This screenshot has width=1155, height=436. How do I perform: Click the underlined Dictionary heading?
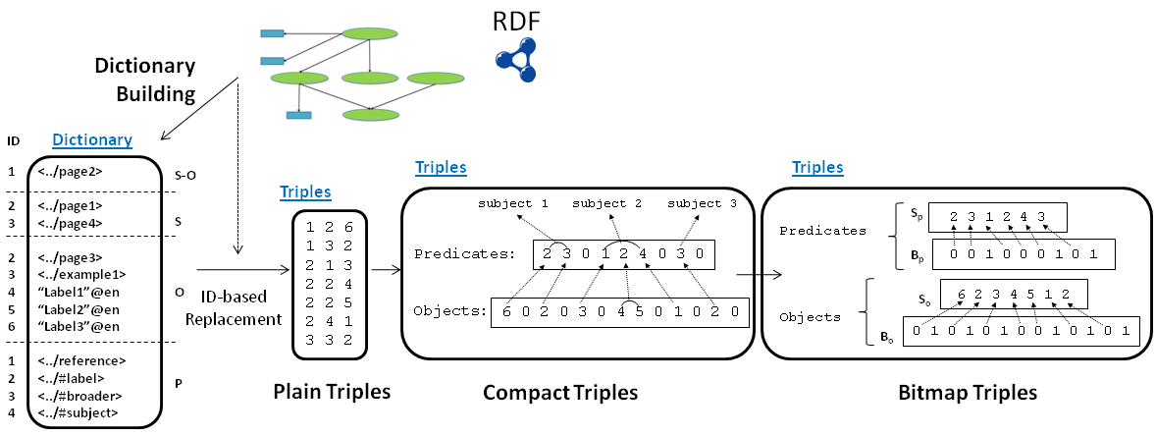pyautogui.click(x=92, y=141)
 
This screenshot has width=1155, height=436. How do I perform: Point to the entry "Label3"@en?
pyautogui.click(x=79, y=326)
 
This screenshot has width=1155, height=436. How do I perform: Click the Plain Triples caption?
pyautogui.click(x=332, y=392)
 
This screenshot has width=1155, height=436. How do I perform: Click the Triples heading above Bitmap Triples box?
pyautogui.click(x=817, y=168)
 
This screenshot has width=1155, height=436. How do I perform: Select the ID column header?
pyautogui.click(x=13, y=141)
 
